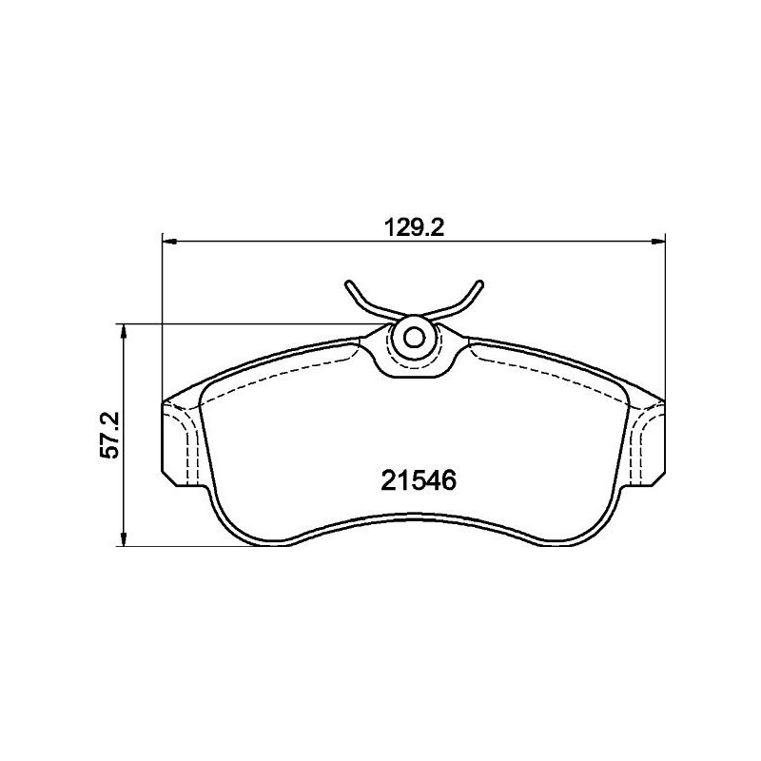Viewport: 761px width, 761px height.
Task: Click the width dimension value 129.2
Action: tap(414, 228)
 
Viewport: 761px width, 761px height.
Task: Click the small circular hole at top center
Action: tap(414, 337)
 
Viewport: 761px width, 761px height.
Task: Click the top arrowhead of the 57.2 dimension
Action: tap(123, 328)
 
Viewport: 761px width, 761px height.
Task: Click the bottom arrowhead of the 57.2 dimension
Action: tap(123, 542)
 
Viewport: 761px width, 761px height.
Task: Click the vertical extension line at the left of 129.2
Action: tap(163, 314)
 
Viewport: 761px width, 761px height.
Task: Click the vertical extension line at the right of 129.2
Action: tap(665, 314)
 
